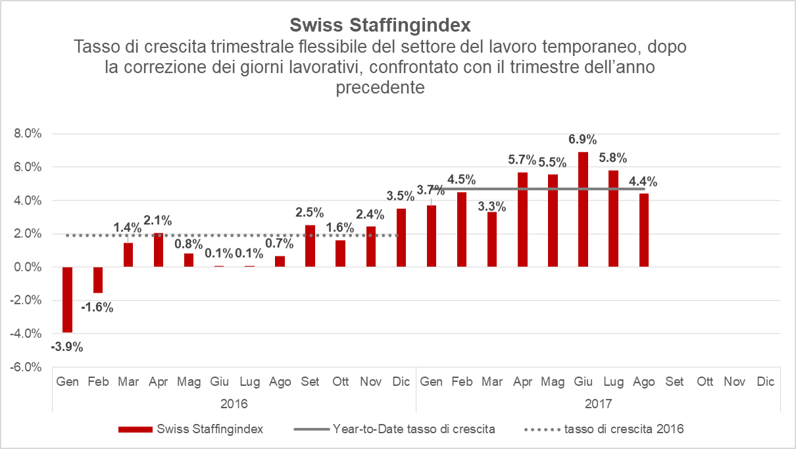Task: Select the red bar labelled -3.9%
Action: point(67,300)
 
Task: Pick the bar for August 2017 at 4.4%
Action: point(644,230)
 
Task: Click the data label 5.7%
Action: point(522,160)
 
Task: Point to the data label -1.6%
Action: point(97,306)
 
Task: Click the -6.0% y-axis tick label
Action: point(26,367)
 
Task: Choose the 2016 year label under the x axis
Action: point(234,402)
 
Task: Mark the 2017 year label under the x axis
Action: point(598,402)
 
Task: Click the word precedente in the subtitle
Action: point(380,87)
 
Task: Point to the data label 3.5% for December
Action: point(400,195)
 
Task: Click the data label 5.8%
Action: point(612,158)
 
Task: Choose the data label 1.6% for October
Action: point(340,227)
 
